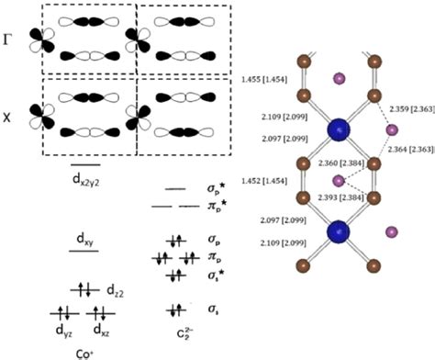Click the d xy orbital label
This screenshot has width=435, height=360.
tap(87, 239)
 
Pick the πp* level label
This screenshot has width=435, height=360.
tap(214, 207)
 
